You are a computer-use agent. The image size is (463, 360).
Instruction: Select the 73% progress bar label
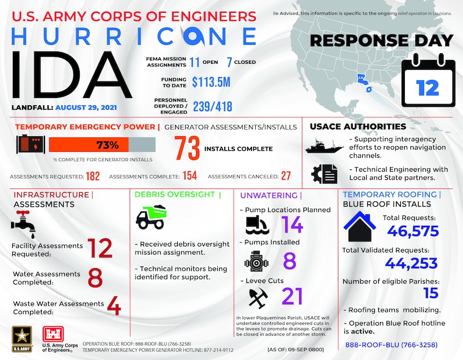pyautogui.click(x=108, y=145)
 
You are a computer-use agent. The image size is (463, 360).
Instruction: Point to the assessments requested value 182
pyautogui.click(x=92, y=176)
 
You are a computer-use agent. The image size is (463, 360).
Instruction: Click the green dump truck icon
pyautogui.click(x=151, y=218)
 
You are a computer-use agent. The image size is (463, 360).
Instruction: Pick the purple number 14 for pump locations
pyautogui.click(x=292, y=224)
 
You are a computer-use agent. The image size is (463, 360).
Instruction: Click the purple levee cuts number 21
pyautogui.click(x=292, y=296)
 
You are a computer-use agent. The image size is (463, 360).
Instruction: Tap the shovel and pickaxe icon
pyautogui.click(x=256, y=298)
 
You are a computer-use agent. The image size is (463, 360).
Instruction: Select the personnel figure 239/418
pyautogui.click(x=212, y=106)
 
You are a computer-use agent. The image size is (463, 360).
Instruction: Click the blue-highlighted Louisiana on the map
pyautogui.click(x=362, y=80)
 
